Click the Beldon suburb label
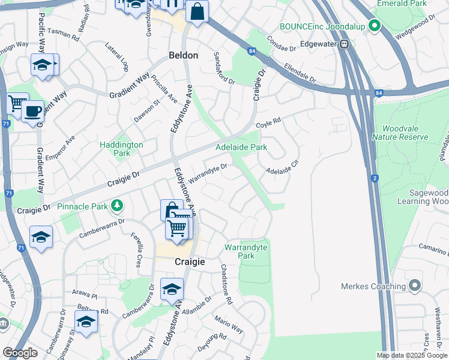[183, 55]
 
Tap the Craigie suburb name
[190, 262]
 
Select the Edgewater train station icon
[345, 44]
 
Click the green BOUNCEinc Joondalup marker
[375, 26]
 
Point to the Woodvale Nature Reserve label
[400, 133]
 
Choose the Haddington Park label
[121, 149]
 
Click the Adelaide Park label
[241, 147]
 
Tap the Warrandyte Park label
[246, 251]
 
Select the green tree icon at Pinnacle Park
[116, 207]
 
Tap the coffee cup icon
[32, 111]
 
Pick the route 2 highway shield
[375, 178]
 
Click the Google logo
[20, 353]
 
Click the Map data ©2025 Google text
[411, 355]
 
